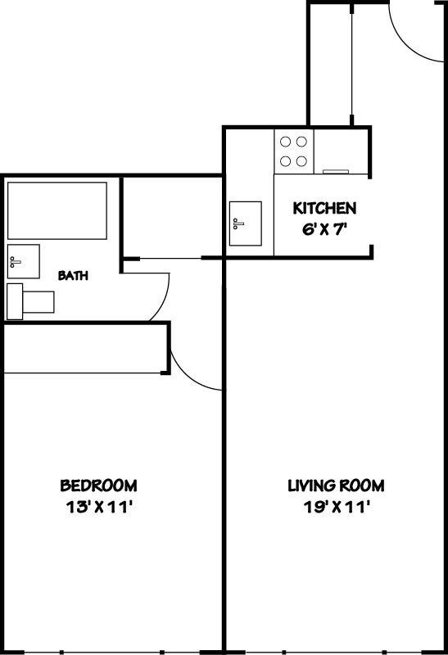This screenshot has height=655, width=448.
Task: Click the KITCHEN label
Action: tap(324, 208)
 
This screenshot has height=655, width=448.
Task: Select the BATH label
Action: tap(73, 276)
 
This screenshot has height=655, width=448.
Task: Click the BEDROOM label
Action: tap(99, 485)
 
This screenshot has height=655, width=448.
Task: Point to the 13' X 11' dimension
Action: tap(99, 507)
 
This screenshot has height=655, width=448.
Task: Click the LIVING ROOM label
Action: tap(336, 485)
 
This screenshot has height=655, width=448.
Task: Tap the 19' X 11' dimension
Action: tap(336, 507)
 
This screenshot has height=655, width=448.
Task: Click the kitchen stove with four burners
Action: tap(294, 151)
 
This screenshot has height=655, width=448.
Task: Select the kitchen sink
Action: tap(245, 224)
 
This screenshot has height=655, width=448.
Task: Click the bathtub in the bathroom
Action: tap(57, 210)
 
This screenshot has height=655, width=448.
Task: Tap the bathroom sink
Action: tap(23, 260)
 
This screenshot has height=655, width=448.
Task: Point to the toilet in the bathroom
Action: tap(29, 300)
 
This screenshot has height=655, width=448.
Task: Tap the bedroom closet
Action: tap(85, 348)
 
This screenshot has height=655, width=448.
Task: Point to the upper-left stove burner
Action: tap(287, 141)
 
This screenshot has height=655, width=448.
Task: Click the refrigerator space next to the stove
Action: tap(342, 151)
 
